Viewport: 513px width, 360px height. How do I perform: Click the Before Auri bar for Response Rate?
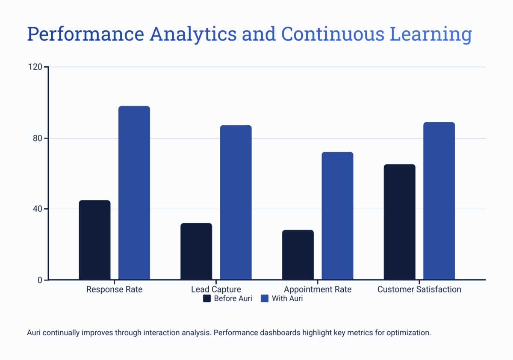tap(94, 240)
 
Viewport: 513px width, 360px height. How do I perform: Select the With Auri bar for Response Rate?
tap(134, 193)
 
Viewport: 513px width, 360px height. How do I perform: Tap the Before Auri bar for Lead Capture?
tap(196, 251)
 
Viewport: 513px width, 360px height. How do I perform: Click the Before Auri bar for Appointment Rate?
tap(298, 255)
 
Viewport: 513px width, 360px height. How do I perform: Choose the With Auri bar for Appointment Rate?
tap(337, 216)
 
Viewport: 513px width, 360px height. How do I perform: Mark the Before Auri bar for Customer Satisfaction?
tap(399, 222)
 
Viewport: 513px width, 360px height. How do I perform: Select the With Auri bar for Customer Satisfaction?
tap(439, 201)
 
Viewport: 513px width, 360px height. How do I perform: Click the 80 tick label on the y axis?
tap(38, 138)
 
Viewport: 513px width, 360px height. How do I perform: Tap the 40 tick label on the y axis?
tap(38, 209)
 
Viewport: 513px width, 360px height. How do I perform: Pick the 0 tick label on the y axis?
tap(40, 280)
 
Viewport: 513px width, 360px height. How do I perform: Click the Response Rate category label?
tap(114, 289)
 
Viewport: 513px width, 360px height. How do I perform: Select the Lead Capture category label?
tap(216, 289)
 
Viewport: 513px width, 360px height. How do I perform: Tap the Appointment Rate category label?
tap(318, 289)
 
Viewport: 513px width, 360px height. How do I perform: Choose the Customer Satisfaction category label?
tap(419, 289)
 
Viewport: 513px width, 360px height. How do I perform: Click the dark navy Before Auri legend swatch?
tap(207, 298)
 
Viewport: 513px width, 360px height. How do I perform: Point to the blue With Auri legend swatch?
tap(265, 298)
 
